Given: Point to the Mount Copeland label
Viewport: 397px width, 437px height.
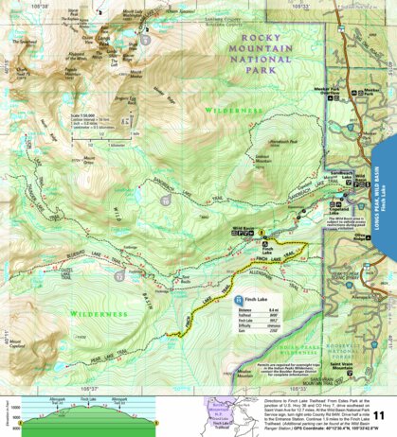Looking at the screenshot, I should [20, 334].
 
